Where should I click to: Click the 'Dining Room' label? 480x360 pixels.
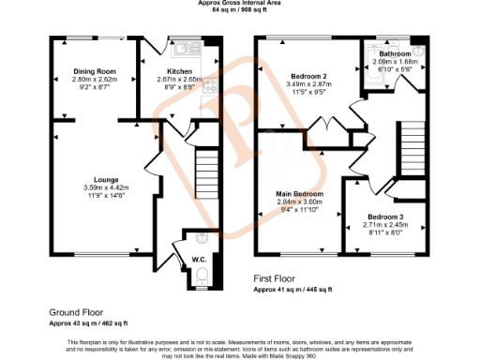(94, 71)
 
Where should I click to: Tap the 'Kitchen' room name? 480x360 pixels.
(180, 71)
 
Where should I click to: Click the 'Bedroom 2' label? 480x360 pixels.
(307, 76)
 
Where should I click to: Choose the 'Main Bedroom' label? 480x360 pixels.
(300, 193)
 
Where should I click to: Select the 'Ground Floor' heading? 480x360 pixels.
(76, 311)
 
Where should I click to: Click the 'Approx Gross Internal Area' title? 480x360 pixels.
(239, 3)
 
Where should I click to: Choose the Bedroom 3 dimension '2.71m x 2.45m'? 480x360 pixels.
(384, 224)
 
